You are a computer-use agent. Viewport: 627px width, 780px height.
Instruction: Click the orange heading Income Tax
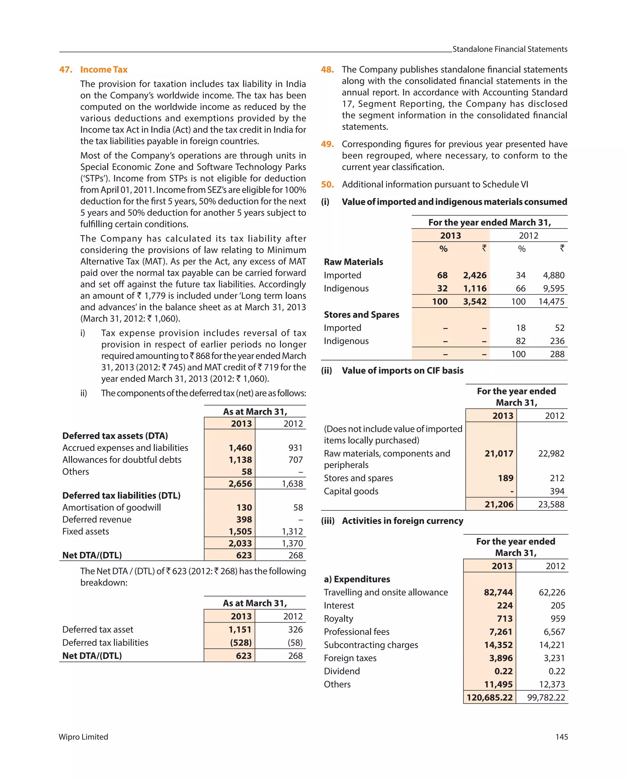103,70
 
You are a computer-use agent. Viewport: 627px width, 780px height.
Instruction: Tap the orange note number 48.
327,70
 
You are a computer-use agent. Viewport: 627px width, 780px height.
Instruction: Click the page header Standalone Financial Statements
509,49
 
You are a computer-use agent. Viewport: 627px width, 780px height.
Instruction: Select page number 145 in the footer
561,737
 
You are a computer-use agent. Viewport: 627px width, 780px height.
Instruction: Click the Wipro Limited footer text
83,737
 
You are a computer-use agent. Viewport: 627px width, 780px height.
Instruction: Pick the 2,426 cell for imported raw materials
475,275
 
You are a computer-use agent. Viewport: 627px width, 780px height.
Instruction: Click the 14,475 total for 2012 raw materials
551,302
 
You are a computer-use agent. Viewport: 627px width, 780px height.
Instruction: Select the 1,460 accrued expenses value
240,448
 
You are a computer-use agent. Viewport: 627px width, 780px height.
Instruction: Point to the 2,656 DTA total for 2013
240,484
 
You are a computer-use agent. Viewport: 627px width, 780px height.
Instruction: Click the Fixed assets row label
85,532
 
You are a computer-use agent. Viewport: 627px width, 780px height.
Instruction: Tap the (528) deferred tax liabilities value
241,642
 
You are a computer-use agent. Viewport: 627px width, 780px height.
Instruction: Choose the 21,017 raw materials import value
499,454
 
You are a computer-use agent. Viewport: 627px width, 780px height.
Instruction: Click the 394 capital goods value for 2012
557,491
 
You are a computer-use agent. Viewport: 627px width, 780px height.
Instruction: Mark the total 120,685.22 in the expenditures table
489,698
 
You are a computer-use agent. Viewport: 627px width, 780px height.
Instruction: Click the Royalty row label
338,619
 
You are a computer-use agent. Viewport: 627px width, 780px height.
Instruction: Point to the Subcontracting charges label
371,645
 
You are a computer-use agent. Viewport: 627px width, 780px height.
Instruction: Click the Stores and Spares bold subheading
361,315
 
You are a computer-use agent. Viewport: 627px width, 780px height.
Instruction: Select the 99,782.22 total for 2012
546,698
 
